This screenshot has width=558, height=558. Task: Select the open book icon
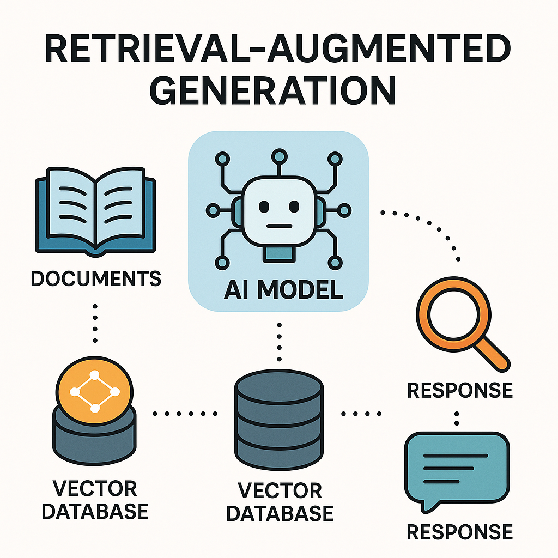pyautogui.click(x=95, y=213)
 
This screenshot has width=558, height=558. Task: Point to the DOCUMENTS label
pyautogui.click(x=96, y=278)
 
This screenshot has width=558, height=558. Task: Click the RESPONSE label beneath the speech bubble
pyautogui.click(x=460, y=531)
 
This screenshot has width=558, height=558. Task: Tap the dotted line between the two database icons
pyautogui.click(x=185, y=414)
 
